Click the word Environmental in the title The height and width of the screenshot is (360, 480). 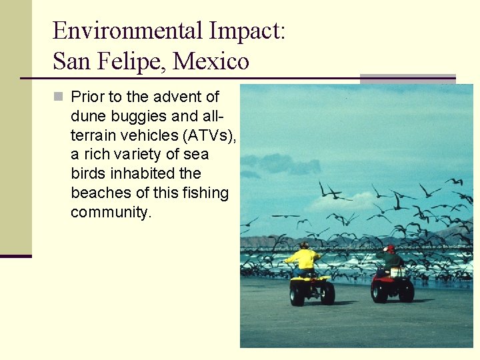pos(127,31)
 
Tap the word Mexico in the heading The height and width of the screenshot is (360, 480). pos(211,62)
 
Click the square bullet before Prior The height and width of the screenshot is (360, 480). pos(58,97)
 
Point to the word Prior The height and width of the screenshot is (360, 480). pos(88,97)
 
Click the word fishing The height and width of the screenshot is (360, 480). pos(206,193)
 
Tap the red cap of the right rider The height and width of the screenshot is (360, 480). pos(391,249)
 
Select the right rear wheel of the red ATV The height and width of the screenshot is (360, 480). pos(406,291)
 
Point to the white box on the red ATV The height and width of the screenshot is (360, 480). pos(397,272)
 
